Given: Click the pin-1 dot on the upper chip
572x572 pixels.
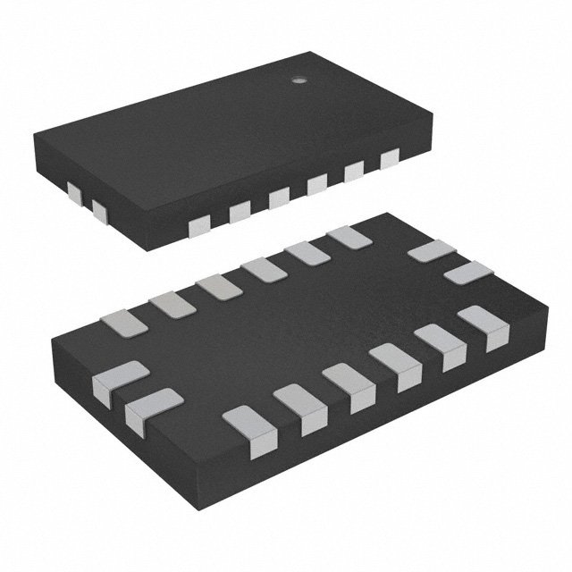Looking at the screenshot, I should (300, 80).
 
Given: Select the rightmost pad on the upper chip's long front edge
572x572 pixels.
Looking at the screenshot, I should (389, 160).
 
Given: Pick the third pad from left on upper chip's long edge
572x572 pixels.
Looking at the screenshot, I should (279, 198).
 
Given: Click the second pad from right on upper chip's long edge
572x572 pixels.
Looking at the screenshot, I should (354, 172).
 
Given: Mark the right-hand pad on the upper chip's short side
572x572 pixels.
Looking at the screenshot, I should (98, 212).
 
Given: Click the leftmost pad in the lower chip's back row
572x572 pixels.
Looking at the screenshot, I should (124, 323).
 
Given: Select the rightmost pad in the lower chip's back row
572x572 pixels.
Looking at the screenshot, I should (349, 238).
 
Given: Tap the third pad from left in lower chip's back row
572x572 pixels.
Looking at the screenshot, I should (218, 287).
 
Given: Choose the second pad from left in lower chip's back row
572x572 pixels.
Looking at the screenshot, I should (172, 305).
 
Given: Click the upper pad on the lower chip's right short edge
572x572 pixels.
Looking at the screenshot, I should (432, 251).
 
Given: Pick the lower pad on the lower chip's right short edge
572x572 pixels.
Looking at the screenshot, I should (469, 273).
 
